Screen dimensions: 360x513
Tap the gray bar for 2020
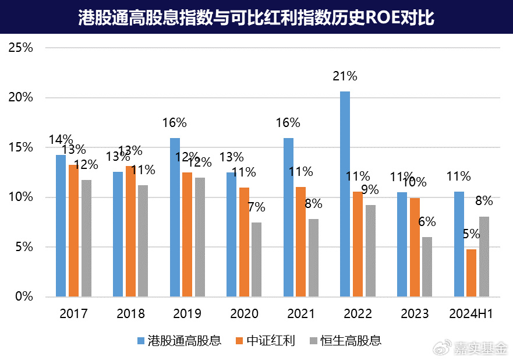[x=257, y=259]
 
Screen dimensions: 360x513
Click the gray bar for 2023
[x=427, y=267]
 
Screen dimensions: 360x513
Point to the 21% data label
[x=345, y=76]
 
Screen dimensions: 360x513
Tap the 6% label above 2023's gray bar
[x=427, y=222]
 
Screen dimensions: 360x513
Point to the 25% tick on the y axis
[x=21, y=48]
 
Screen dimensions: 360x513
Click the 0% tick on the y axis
[x=24, y=297]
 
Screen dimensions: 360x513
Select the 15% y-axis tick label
[x=21, y=147]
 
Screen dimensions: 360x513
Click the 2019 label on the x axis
[x=187, y=314]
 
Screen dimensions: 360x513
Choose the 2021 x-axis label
[x=301, y=314]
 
